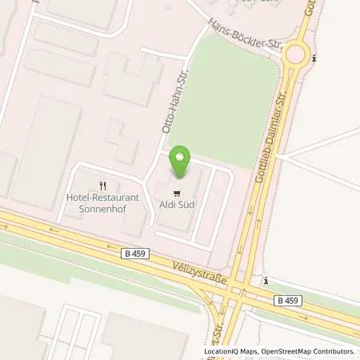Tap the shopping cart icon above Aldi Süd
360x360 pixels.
click(176, 191)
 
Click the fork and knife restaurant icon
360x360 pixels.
click(102, 185)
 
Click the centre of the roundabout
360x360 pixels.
click(298, 54)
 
